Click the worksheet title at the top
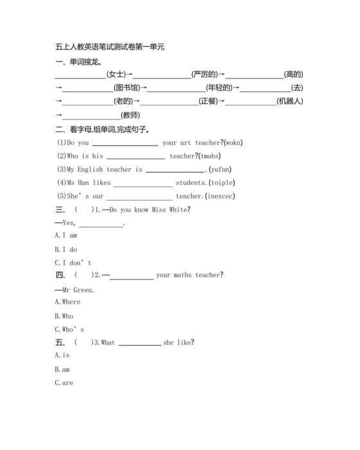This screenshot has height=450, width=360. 110,47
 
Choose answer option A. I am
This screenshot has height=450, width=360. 66,236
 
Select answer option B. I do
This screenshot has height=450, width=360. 66,249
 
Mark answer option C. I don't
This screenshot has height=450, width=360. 73,263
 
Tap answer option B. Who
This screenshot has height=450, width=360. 64,316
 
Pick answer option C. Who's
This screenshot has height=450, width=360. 69,330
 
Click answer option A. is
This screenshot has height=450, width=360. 62,355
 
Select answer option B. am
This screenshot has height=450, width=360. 62,369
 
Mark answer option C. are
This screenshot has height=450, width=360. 64,383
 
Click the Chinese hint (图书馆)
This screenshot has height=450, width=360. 126,88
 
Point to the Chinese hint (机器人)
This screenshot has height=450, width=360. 289,102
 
